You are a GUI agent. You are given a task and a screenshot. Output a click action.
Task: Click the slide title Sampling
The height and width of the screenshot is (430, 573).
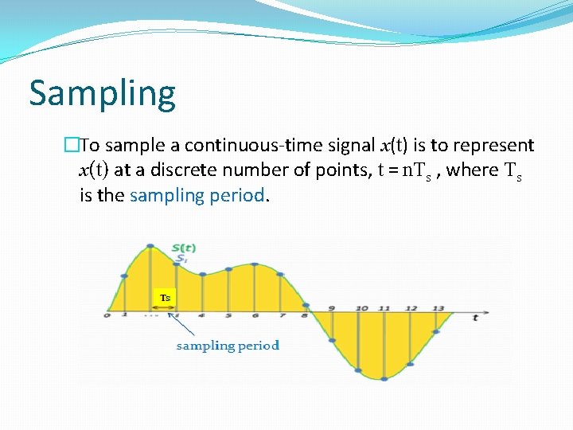[102, 94]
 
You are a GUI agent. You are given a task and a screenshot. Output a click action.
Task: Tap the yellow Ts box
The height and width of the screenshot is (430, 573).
[165, 298]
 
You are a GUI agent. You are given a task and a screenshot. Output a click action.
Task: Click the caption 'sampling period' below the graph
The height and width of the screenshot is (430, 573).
[228, 345]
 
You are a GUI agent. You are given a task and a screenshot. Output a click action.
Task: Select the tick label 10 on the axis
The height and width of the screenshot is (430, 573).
[362, 308]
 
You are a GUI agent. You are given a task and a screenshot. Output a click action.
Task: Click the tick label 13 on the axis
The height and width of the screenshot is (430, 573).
[438, 308]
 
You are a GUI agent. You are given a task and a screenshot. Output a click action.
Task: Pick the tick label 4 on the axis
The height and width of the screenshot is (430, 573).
[202, 316]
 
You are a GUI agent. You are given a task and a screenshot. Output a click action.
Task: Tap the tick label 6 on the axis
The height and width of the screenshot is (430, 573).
[255, 316]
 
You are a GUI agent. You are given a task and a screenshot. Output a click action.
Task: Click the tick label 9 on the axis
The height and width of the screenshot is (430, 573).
[331, 308]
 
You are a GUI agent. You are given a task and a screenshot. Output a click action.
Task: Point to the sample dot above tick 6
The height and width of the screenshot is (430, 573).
[255, 267]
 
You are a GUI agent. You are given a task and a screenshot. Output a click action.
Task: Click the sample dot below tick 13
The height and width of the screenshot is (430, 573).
[437, 332]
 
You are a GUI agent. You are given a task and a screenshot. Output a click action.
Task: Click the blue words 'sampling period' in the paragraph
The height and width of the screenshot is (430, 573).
[196, 195]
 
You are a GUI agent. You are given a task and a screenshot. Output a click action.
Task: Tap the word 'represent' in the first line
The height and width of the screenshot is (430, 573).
[493, 145]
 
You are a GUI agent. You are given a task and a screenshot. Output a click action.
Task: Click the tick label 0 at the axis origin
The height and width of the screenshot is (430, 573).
[107, 316]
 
